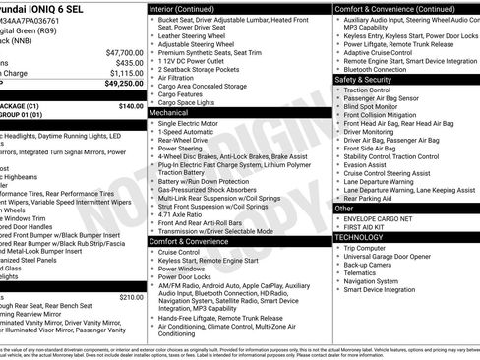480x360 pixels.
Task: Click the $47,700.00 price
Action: (124, 52)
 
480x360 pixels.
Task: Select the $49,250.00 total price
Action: (124, 85)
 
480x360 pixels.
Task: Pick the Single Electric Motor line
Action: (191, 124)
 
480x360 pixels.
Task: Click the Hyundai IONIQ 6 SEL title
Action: (45, 8)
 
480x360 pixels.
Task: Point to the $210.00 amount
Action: (130, 296)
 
